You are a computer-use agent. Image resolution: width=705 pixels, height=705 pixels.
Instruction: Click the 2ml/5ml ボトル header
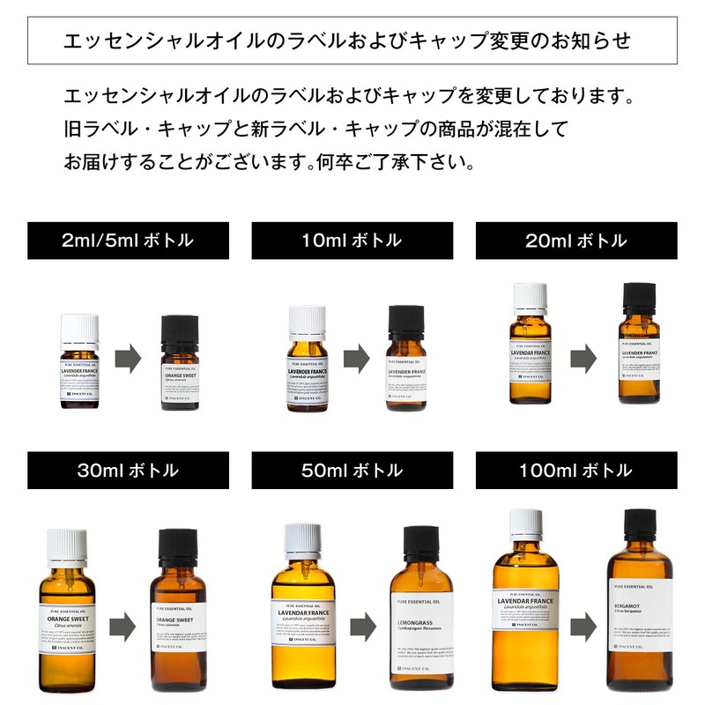click(128, 241)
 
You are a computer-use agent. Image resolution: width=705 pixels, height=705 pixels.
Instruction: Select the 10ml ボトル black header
click(352, 241)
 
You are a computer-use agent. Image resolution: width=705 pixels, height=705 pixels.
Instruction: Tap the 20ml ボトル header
click(576, 241)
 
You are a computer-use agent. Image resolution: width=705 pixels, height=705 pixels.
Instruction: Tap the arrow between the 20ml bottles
click(583, 360)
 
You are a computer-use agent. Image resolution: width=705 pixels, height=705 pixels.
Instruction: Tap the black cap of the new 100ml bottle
click(637, 527)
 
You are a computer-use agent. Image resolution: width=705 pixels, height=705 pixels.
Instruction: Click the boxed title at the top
click(352, 41)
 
